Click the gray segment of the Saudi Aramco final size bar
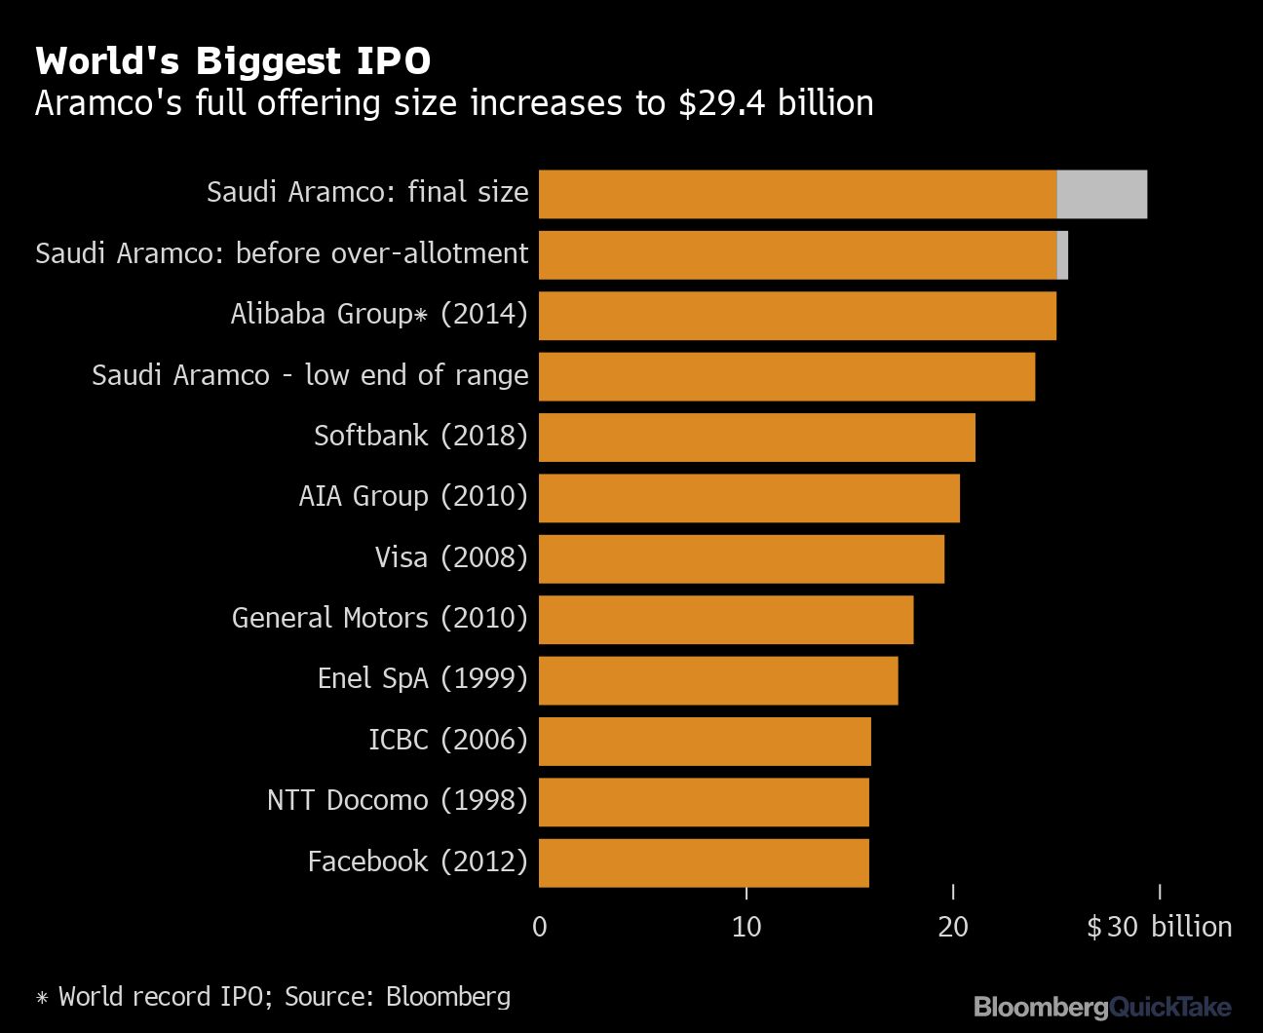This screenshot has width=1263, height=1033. [x=1101, y=194]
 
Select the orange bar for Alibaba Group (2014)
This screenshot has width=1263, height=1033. [x=797, y=316]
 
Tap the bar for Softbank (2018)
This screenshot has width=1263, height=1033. [x=756, y=438]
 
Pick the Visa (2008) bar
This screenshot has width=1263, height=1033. [x=741, y=559]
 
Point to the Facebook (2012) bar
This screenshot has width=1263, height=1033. [x=704, y=862]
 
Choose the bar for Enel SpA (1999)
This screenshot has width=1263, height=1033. [x=718, y=680]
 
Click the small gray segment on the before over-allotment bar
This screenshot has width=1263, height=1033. [x=1062, y=255]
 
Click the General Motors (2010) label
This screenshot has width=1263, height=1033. [x=379, y=618]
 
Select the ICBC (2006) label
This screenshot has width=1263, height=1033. [x=447, y=740]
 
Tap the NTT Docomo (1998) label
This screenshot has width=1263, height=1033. [x=397, y=800]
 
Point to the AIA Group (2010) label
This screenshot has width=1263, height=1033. [x=412, y=496]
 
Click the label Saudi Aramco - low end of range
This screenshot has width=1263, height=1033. [x=310, y=375]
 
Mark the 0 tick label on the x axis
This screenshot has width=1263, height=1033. [x=540, y=927]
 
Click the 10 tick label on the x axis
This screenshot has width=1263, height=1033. [x=746, y=927]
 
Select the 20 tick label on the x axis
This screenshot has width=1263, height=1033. [x=953, y=927]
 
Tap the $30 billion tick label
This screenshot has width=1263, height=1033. [x=1159, y=927]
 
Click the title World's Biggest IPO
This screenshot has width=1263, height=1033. [x=233, y=61]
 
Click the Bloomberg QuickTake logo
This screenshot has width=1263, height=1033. [x=1102, y=1007]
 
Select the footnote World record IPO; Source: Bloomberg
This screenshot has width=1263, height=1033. [x=273, y=997]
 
